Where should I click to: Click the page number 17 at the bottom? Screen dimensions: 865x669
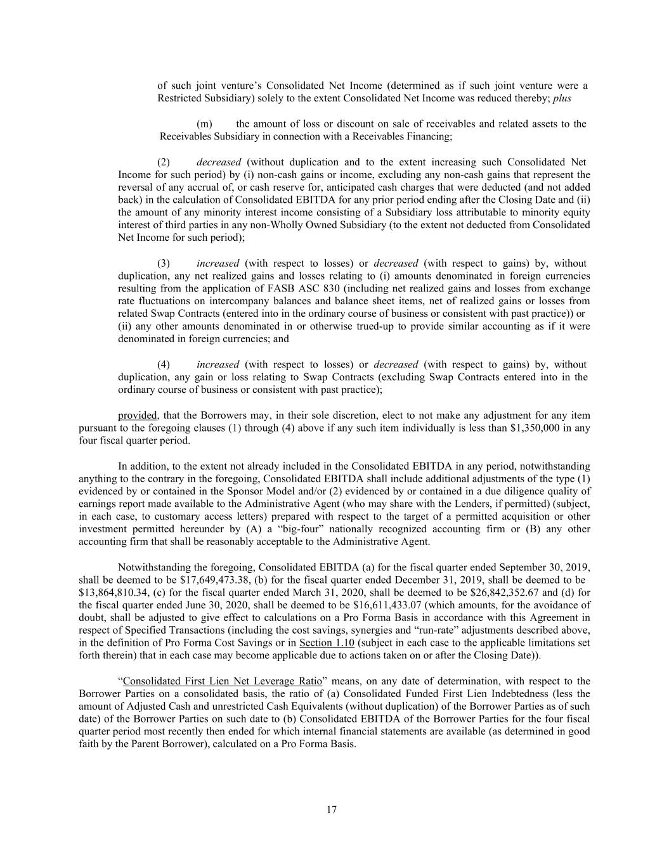point(332,810)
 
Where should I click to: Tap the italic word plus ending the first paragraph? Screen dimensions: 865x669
point(562,99)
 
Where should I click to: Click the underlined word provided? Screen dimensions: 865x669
point(138,416)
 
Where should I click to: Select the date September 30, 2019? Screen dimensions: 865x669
point(545,567)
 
